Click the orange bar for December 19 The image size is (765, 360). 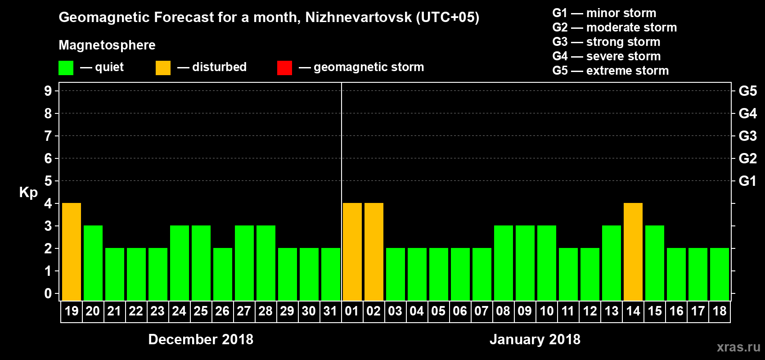(72, 252)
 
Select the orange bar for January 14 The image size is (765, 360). (633, 252)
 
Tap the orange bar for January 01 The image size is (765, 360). (352, 252)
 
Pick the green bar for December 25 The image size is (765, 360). (201, 263)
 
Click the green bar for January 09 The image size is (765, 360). (525, 263)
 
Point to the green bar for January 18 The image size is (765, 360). (720, 274)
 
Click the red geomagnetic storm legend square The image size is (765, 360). (284, 67)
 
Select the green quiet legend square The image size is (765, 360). (66, 67)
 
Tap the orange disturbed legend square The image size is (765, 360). (163, 67)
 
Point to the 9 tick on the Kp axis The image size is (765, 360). (48, 91)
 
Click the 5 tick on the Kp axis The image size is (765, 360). (48, 181)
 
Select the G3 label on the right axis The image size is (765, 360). (747, 136)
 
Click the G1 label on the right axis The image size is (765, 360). (747, 181)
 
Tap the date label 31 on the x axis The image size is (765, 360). (330, 311)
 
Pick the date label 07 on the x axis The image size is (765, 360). (481, 311)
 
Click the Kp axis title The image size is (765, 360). (28, 193)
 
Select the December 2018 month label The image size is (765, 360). (201, 339)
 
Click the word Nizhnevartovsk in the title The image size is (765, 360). (358, 17)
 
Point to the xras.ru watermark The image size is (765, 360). (738, 347)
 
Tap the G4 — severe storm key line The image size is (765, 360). (606, 56)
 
